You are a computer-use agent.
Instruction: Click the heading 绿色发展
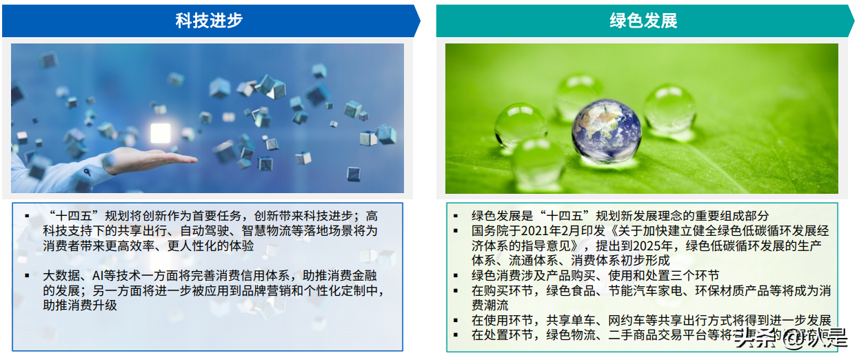(x=643, y=21)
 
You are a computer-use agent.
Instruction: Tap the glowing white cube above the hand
(x=160, y=132)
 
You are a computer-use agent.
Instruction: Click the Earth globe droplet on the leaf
(x=606, y=130)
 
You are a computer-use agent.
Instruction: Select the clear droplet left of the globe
(x=521, y=124)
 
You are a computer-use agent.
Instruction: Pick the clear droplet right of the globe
(x=669, y=108)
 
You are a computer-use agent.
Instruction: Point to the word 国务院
(x=489, y=230)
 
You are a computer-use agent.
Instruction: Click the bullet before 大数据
(x=28, y=275)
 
